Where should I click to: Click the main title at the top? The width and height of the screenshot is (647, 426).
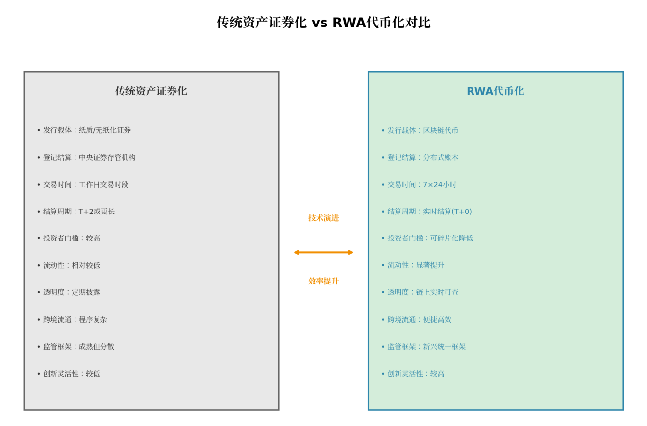[323, 23]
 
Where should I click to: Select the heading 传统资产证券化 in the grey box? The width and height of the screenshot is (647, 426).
[151, 91]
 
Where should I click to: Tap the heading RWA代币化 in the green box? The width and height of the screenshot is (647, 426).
[495, 91]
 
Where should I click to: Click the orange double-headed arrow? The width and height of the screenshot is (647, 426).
[323, 252]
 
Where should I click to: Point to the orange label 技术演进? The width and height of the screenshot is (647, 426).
[323, 218]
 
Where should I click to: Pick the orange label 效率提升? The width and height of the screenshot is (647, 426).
[323, 281]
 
